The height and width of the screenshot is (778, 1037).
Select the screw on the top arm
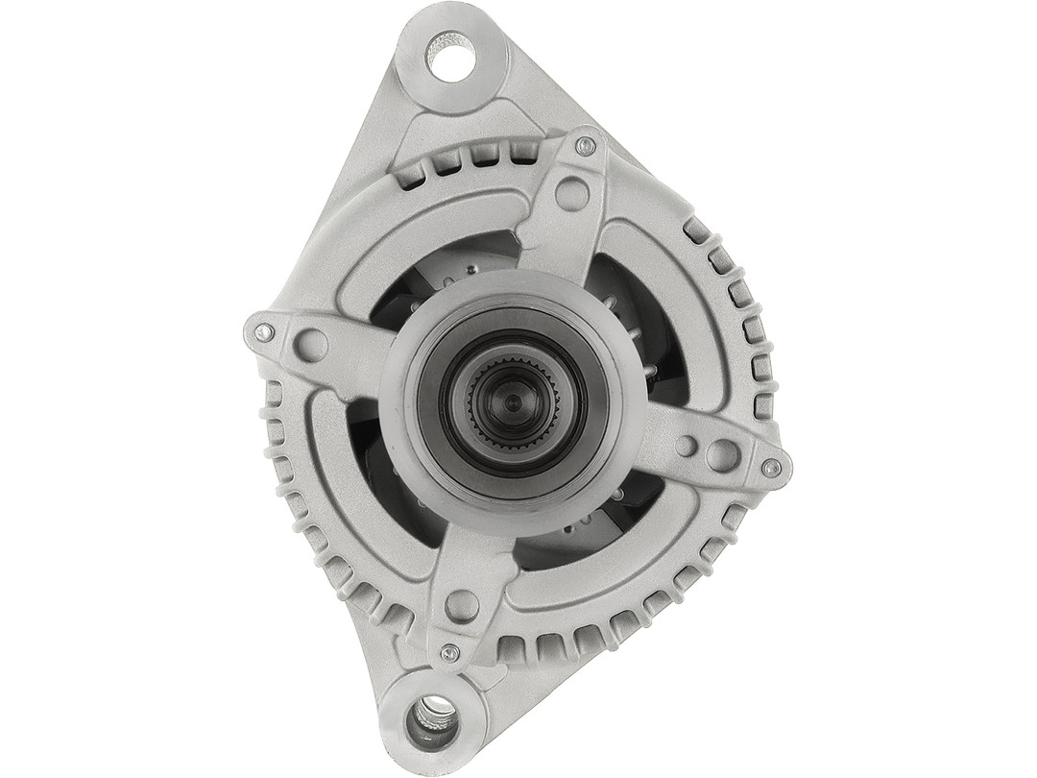[585, 146]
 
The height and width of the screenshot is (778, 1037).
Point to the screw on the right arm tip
[771, 468]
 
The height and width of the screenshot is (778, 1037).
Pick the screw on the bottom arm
[448, 653]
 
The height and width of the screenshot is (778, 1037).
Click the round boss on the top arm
[572, 193]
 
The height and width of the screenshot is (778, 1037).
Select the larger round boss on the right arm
[722, 455]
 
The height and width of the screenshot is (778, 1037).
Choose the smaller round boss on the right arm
[686, 446]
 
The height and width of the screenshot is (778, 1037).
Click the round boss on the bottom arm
[462, 605]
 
